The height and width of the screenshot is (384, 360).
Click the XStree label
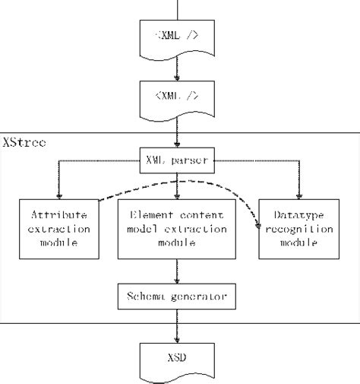(24, 142)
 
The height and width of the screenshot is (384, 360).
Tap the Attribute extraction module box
(58, 228)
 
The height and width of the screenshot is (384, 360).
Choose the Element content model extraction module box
(178, 228)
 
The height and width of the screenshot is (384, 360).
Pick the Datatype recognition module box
(297, 228)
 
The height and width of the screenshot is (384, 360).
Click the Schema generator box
(178, 297)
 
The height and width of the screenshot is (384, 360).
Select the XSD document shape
(178, 359)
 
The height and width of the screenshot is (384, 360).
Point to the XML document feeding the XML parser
(178, 97)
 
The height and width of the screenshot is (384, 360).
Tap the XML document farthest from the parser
(178, 35)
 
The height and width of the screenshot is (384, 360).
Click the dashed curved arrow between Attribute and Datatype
(182, 182)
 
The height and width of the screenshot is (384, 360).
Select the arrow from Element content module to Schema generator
(178, 270)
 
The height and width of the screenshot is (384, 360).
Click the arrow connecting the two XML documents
(178, 66)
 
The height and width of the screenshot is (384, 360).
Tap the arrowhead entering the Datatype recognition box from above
(297, 194)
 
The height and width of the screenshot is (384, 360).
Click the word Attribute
(58, 214)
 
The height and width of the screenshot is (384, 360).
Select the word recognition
(297, 228)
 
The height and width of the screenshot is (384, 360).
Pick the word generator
(197, 297)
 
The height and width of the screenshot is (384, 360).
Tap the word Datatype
(297, 214)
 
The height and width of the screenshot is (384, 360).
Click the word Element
(152, 214)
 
